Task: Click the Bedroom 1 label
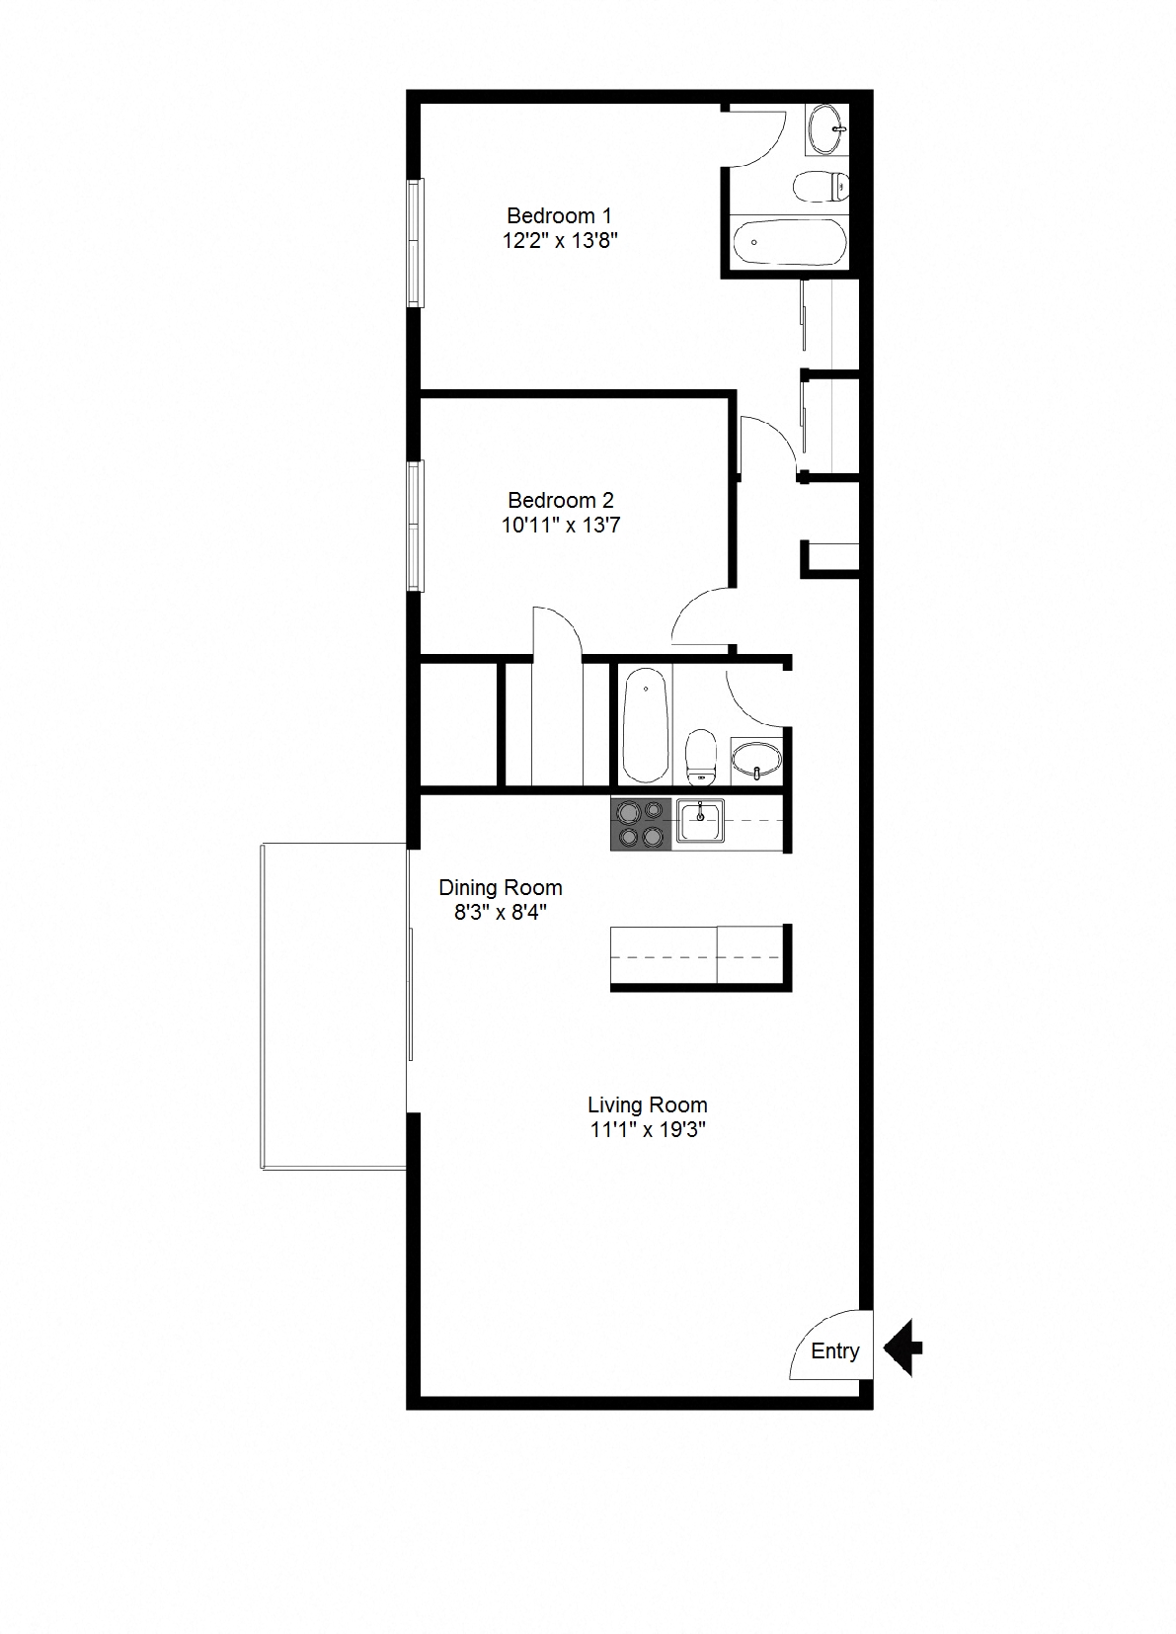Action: [559, 215]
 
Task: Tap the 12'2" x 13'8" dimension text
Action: [560, 240]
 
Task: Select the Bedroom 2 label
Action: [560, 500]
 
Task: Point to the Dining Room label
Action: [501, 887]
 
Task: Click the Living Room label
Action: [647, 1105]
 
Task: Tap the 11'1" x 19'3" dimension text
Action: [647, 1130]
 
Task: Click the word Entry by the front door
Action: [834, 1351]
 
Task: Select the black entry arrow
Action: [902, 1348]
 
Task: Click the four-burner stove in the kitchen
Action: [641, 825]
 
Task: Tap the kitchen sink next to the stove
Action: [700, 821]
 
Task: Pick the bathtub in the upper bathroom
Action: [787, 241]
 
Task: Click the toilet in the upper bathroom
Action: [822, 185]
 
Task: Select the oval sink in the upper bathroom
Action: [825, 128]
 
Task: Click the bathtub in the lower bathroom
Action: [646, 724]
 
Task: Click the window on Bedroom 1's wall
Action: [416, 242]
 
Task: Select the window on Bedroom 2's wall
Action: [416, 526]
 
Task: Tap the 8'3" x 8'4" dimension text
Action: [501, 912]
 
